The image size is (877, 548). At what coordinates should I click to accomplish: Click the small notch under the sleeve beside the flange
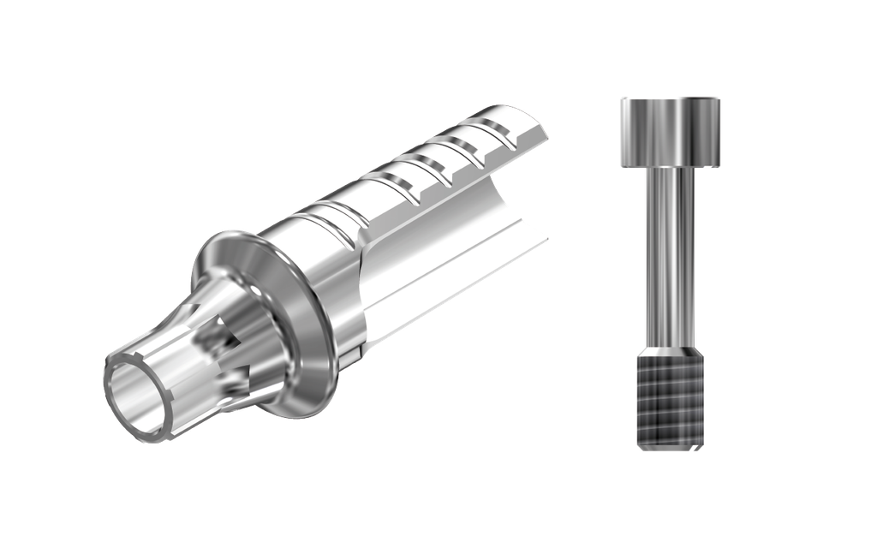coord(353,353)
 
